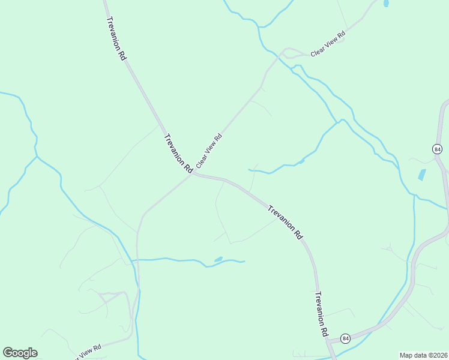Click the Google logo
(20, 353)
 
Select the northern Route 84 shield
(436, 149)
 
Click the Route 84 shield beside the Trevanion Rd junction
(346, 338)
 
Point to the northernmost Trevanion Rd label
(116, 37)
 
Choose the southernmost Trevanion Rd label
(322, 314)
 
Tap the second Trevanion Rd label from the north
(177, 151)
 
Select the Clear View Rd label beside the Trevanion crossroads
(209, 151)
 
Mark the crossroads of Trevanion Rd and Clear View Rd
(193, 174)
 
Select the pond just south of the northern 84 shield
(422, 175)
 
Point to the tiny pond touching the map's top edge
(386, 3)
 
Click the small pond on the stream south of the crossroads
(218, 259)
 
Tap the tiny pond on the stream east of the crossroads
(301, 161)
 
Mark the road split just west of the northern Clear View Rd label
(285, 53)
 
